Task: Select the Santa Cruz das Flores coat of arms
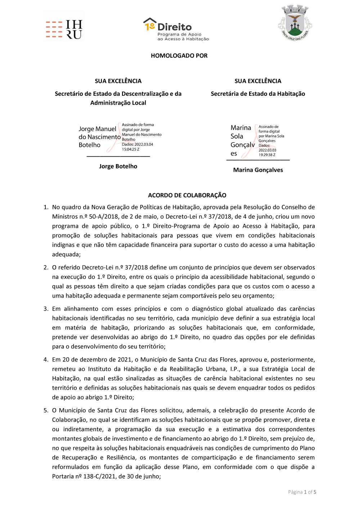pyautogui.click(x=295, y=23)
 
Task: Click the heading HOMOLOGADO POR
pyautogui.click(x=179, y=56)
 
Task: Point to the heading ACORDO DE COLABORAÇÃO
pyautogui.click(x=187, y=195)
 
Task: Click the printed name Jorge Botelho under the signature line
pyautogui.click(x=118, y=166)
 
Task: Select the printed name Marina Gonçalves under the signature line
pyautogui.click(x=258, y=170)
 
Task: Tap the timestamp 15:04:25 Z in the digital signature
pyautogui.click(x=130, y=149)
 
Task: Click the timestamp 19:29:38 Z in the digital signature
pyautogui.click(x=267, y=155)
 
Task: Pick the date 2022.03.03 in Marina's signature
pyautogui.click(x=267, y=150)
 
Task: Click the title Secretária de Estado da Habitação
pyautogui.click(x=258, y=94)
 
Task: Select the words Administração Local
pyautogui.click(x=118, y=103)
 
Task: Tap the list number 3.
pyautogui.click(x=46, y=309)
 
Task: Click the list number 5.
pyautogui.click(x=46, y=410)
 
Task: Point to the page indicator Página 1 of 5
pyautogui.click(x=302, y=492)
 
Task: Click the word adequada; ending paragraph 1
pyautogui.click(x=66, y=254)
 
